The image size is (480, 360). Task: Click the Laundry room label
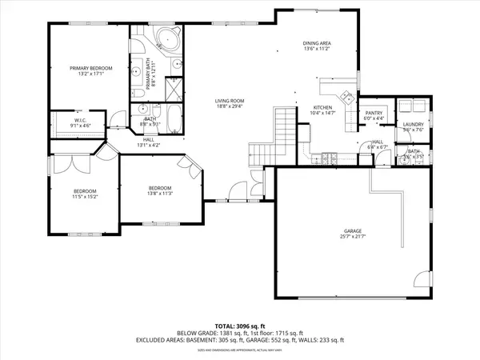413,124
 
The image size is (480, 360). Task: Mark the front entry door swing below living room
235,193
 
